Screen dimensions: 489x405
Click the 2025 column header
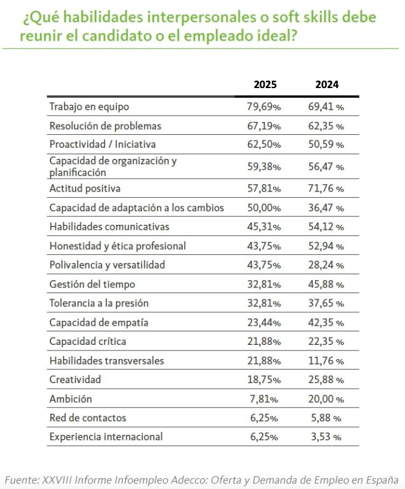(x=265, y=85)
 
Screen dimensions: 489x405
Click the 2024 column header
(x=326, y=85)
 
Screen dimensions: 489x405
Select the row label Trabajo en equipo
(x=89, y=107)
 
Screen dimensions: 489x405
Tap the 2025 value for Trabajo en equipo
(x=264, y=107)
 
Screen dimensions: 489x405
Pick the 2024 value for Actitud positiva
(x=326, y=188)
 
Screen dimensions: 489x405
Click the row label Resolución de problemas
(x=105, y=126)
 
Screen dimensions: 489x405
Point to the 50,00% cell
(x=264, y=208)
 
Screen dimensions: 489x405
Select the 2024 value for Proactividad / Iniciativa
(x=326, y=145)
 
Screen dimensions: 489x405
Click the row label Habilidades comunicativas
(x=109, y=227)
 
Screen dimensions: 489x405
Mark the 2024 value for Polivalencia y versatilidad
(x=326, y=265)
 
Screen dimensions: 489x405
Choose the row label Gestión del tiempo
(x=92, y=285)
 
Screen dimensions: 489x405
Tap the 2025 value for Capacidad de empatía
(x=264, y=323)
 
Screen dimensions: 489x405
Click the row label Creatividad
(x=74, y=379)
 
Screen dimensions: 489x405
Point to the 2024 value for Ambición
(x=326, y=399)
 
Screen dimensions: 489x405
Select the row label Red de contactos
(x=87, y=418)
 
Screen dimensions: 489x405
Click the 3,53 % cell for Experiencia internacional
(x=326, y=437)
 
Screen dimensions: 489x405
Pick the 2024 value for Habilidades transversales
(x=326, y=361)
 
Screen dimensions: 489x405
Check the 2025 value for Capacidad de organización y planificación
(x=264, y=167)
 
